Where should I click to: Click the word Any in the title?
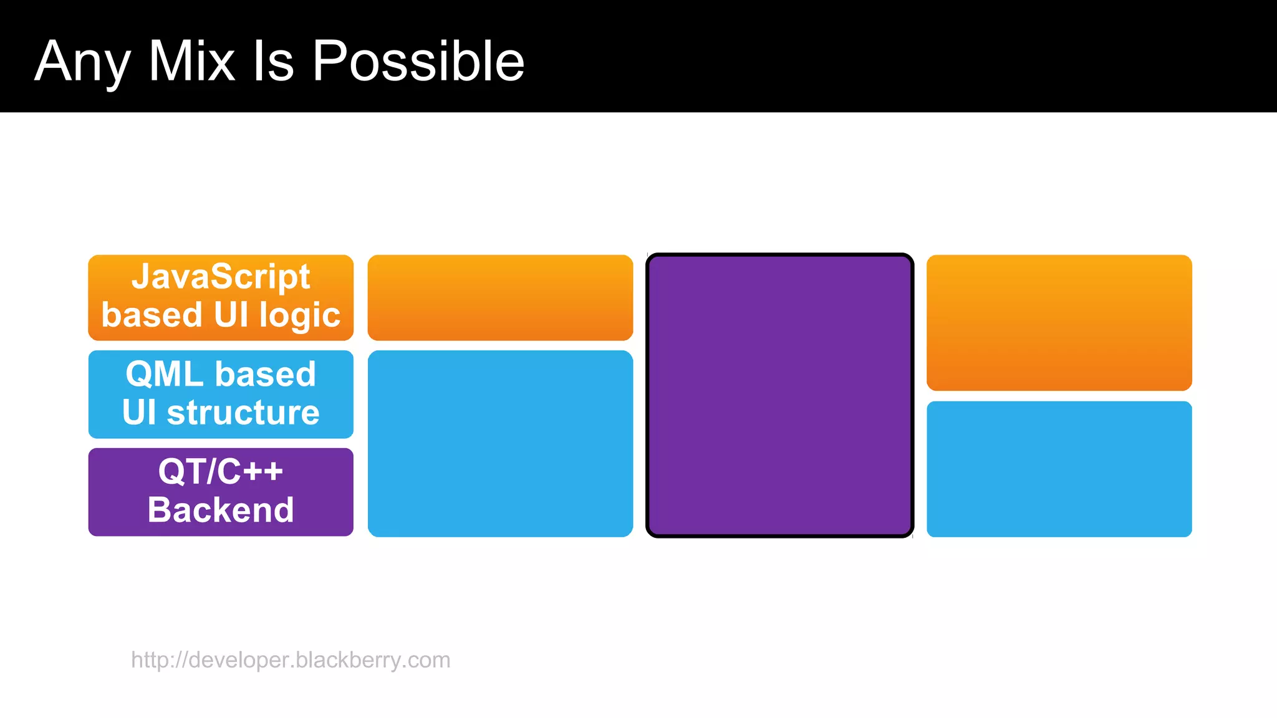(82, 62)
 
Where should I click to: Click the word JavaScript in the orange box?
(221, 277)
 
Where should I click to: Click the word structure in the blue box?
(243, 413)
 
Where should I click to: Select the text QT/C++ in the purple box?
(221, 471)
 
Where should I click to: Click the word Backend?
(221, 510)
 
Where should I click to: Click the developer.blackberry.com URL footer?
(291, 659)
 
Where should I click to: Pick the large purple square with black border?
(779, 395)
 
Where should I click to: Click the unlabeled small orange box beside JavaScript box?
(500, 297)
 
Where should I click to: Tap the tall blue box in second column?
(500, 443)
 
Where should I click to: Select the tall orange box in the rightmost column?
(1059, 322)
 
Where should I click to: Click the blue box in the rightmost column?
(1059, 469)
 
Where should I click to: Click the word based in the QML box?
(266, 375)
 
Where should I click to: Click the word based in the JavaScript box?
(152, 315)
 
